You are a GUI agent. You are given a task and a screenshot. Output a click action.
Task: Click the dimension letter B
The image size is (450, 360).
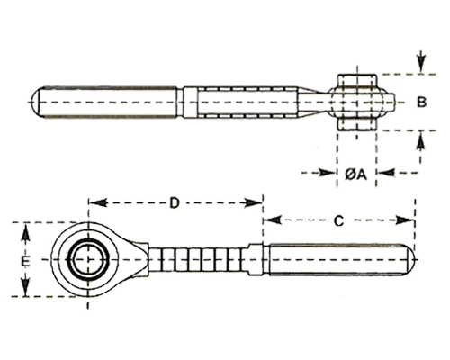pyautogui.click(x=421, y=103)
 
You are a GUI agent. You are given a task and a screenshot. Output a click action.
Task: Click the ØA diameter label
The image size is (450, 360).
pyautogui.click(x=355, y=174)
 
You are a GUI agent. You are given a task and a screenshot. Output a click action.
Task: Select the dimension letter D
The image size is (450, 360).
pyautogui.click(x=175, y=203)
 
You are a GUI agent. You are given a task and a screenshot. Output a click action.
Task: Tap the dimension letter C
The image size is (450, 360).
pyautogui.click(x=338, y=221)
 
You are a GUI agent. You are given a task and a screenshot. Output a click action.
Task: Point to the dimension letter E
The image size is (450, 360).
pyautogui.click(x=25, y=261)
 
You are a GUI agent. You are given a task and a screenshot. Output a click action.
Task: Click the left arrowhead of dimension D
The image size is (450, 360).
pyautogui.click(x=98, y=203)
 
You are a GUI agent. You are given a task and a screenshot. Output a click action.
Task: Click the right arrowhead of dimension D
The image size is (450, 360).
pyautogui.click(x=254, y=203)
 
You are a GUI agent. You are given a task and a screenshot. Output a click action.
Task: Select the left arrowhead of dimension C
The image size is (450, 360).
pyautogui.click(x=273, y=220)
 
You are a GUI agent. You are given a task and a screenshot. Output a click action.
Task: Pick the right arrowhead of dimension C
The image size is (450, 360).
pyautogui.click(x=406, y=220)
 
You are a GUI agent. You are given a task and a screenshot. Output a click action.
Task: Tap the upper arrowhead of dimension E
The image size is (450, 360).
pyautogui.click(x=26, y=233)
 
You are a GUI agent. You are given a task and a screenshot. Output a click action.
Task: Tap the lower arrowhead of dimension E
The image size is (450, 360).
pyautogui.click(x=26, y=286)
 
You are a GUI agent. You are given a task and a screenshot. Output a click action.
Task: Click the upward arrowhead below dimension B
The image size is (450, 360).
pyautogui.click(x=421, y=140)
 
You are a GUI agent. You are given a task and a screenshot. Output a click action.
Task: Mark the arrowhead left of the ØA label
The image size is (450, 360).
pyautogui.click(x=327, y=173)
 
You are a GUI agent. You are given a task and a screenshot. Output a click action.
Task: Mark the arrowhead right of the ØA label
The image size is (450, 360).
pyautogui.click(x=386, y=173)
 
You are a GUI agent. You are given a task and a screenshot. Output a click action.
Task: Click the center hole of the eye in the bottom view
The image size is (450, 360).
pyautogui.click(x=88, y=260)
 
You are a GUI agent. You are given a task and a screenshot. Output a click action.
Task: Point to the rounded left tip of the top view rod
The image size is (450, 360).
pyautogui.click(x=36, y=103)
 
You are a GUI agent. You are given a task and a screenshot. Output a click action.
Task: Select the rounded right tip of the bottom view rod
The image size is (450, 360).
pyautogui.click(x=410, y=260)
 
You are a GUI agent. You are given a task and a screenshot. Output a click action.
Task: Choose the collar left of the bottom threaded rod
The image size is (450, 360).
pyautogui.click(x=256, y=260)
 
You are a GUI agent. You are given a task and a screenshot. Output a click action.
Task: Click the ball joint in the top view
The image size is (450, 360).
pyautogui.click(x=356, y=103)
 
